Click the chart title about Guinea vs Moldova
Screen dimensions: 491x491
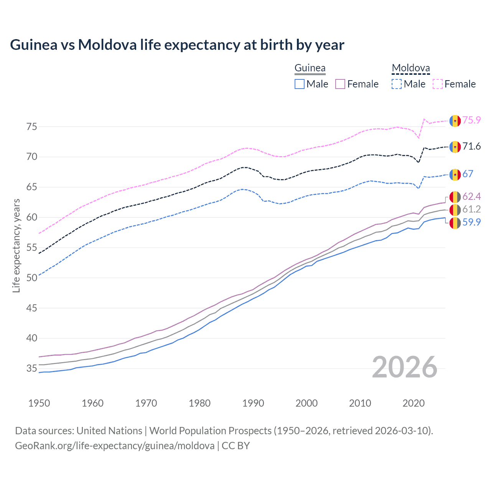point(177,45)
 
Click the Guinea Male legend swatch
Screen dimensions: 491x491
point(300,84)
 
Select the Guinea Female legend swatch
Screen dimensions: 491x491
point(340,84)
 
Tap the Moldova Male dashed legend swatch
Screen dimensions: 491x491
point(397,84)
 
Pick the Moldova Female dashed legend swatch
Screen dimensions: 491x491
point(438,84)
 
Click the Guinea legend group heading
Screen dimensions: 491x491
point(310,68)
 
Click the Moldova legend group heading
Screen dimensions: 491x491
point(411,68)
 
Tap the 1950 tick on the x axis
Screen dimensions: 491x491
point(39,403)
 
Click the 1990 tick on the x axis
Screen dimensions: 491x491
point(253,403)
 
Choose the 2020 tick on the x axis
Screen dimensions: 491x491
point(414,403)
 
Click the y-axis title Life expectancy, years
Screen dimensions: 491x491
point(16,245)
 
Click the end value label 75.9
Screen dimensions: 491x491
point(471,120)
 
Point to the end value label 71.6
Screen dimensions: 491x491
point(471,147)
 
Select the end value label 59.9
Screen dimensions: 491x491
point(471,222)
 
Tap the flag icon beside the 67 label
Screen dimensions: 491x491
point(455,175)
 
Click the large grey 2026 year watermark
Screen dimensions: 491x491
point(405,367)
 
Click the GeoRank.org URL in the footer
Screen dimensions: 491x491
point(115,446)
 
